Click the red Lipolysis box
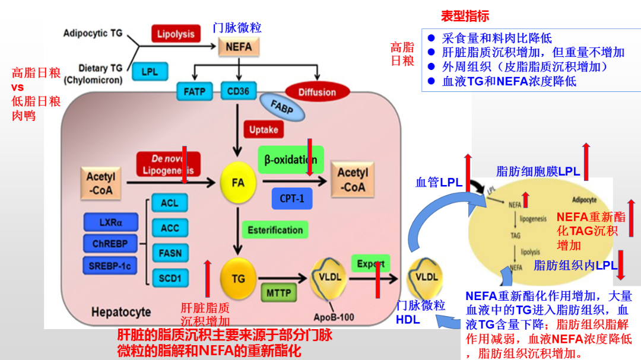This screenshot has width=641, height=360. (x=175, y=34)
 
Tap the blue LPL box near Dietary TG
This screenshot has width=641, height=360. (x=150, y=72)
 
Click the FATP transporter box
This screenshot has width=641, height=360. (x=194, y=92)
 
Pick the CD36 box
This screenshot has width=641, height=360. (x=239, y=92)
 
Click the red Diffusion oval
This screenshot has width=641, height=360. (x=317, y=92)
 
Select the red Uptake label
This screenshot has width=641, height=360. (x=263, y=129)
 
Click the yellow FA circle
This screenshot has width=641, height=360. (x=238, y=183)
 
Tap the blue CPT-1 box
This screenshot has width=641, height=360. (x=291, y=199)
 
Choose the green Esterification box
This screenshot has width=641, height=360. (x=275, y=230)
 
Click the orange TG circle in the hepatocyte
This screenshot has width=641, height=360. (x=238, y=278)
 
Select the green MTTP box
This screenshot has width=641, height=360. (x=278, y=292)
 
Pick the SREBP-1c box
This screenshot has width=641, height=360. (x=110, y=266)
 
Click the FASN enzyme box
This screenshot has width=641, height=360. (x=170, y=253)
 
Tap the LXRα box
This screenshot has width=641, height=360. (x=110, y=223)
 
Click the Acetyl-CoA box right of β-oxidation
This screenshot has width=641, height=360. (x=353, y=180)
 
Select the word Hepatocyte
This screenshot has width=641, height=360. (x=120, y=311)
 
